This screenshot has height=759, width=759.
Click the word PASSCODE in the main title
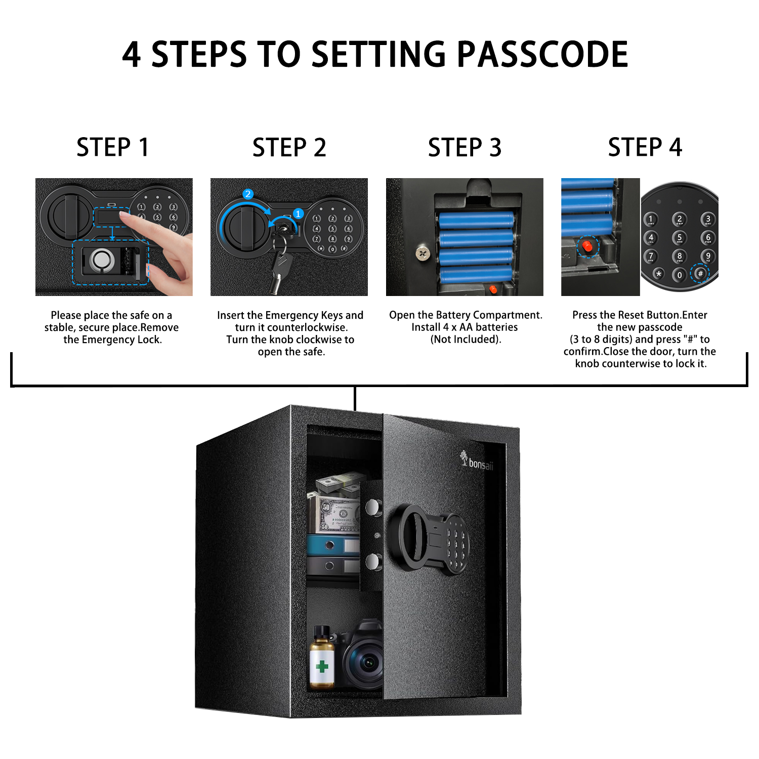click(542, 55)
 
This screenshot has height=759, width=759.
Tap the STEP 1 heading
click(112, 147)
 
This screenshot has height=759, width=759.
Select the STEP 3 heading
click(465, 147)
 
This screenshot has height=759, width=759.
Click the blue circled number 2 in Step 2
click(247, 194)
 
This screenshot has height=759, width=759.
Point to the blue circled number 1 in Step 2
click(298, 214)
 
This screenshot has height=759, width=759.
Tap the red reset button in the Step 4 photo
click(587, 246)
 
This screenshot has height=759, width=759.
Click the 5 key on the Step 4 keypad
click(679, 237)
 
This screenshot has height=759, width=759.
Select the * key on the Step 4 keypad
click(658, 274)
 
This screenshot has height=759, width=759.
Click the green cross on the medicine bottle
click(322, 666)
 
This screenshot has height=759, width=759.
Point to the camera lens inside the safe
click(367, 661)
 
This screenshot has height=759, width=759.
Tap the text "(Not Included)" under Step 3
click(466, 339)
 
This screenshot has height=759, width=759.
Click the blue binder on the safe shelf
click(331, 545)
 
